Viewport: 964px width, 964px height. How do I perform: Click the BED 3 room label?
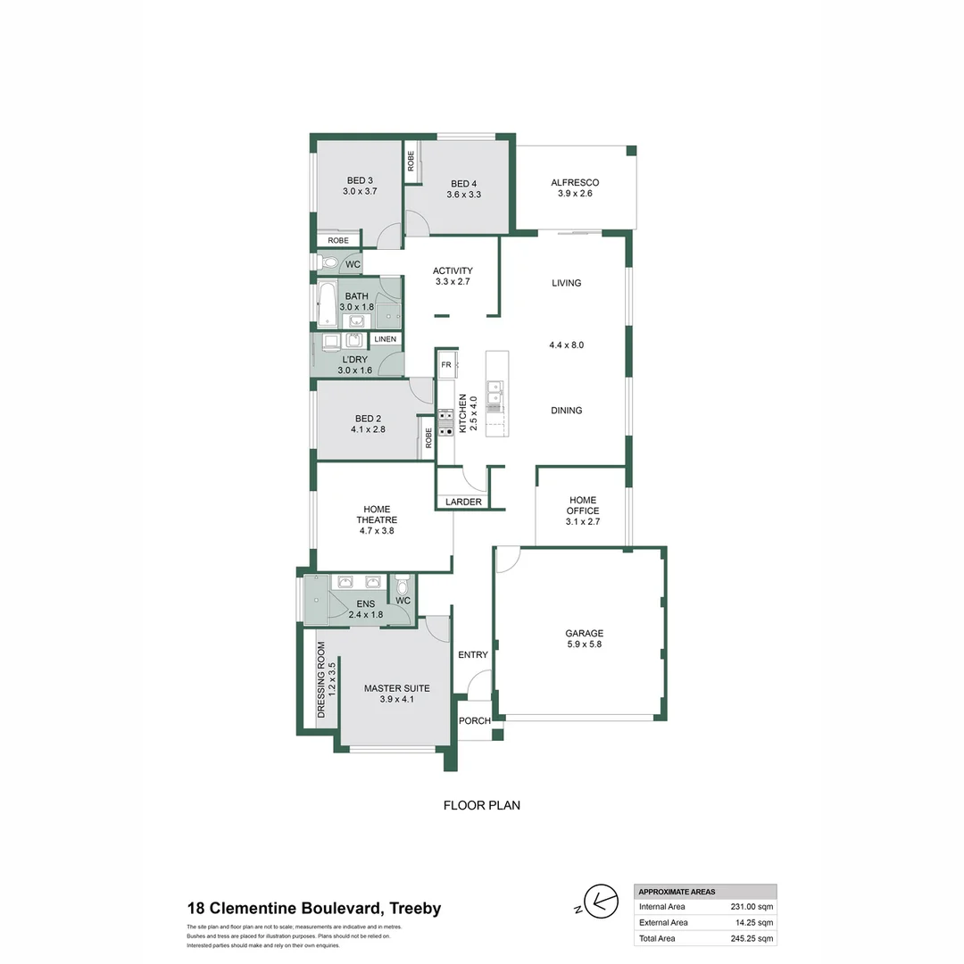click(x=357, y=180)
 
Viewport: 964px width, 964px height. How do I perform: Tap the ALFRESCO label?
click(x=575, y=182)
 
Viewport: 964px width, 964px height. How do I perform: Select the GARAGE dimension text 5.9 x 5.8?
click(x=584, y=644)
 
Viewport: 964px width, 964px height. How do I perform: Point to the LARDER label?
click(x=463, y=503)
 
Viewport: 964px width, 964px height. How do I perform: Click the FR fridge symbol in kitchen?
click(x=446, y=365)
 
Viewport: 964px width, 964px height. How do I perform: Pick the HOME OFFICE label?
click(x=584, y=505)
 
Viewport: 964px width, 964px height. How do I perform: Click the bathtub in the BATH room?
click(x=327, y=304)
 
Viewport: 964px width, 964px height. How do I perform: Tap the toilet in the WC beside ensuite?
click(x=403, y=586)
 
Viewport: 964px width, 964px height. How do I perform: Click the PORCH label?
click(x=474, y=721)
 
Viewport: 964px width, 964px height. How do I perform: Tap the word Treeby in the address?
click(x=414, y=909)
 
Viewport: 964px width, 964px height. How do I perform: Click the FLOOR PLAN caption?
click(x=482, y=805)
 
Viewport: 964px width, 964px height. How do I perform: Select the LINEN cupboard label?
click(x=385, y=339)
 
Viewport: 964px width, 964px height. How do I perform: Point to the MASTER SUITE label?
click(x=396, y=688)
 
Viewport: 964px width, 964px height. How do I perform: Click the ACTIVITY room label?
click(x=453, y=270)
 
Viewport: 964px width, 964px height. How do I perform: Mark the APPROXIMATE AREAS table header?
click(x=677, y=892)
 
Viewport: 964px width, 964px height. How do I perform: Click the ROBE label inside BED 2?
click(x=428, y=437)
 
